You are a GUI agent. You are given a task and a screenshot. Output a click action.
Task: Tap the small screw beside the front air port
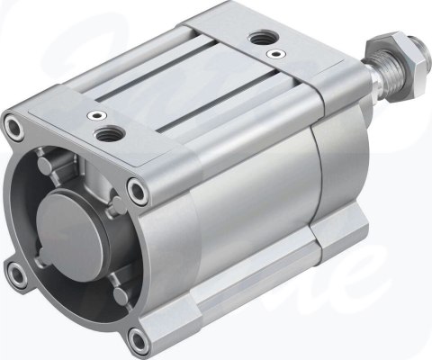tap(94, 114)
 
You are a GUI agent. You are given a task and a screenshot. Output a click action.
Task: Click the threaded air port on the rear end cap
tap(264, 37)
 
